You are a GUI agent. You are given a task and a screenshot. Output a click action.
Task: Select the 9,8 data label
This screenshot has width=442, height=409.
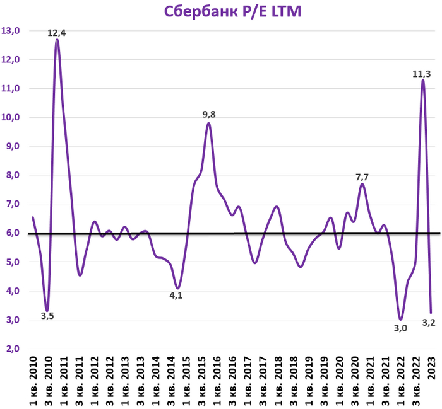click(209, 115)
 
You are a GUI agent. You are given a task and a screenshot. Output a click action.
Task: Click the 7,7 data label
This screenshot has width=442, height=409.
click(361, 177)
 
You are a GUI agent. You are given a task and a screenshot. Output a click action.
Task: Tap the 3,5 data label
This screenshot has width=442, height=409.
click(47, 316)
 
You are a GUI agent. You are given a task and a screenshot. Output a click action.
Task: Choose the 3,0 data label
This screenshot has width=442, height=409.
click(399, 328)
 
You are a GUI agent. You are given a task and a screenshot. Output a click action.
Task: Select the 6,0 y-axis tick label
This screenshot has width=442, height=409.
click(13, 233)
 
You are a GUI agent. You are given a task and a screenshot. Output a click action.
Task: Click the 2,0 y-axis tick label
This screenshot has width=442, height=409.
click(13, 349)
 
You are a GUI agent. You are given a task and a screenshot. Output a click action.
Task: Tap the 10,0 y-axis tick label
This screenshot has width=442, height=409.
click(11, 117)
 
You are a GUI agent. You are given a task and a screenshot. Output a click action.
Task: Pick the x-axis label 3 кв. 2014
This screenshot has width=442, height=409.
click(172, 381)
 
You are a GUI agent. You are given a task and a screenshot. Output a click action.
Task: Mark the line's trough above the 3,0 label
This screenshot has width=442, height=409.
click(400, 319)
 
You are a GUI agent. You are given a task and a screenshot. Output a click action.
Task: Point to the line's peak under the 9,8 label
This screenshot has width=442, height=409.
click(208, 123)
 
